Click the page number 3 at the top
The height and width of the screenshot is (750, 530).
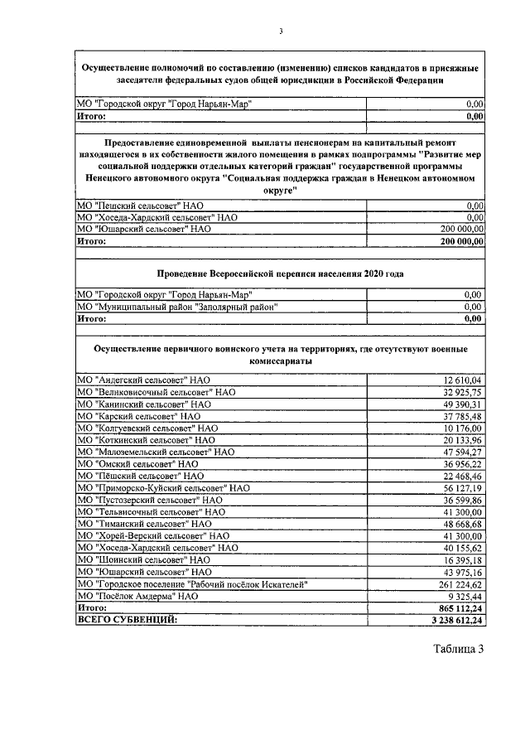[280, 31]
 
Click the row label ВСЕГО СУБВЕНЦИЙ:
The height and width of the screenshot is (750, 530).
[126, 619]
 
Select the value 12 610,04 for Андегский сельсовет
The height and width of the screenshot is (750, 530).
[464, 380]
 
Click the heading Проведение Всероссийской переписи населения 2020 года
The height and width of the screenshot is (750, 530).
[280, 273]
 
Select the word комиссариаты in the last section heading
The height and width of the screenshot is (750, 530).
[280, 362]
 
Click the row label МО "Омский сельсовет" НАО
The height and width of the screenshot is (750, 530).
[139, 464]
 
